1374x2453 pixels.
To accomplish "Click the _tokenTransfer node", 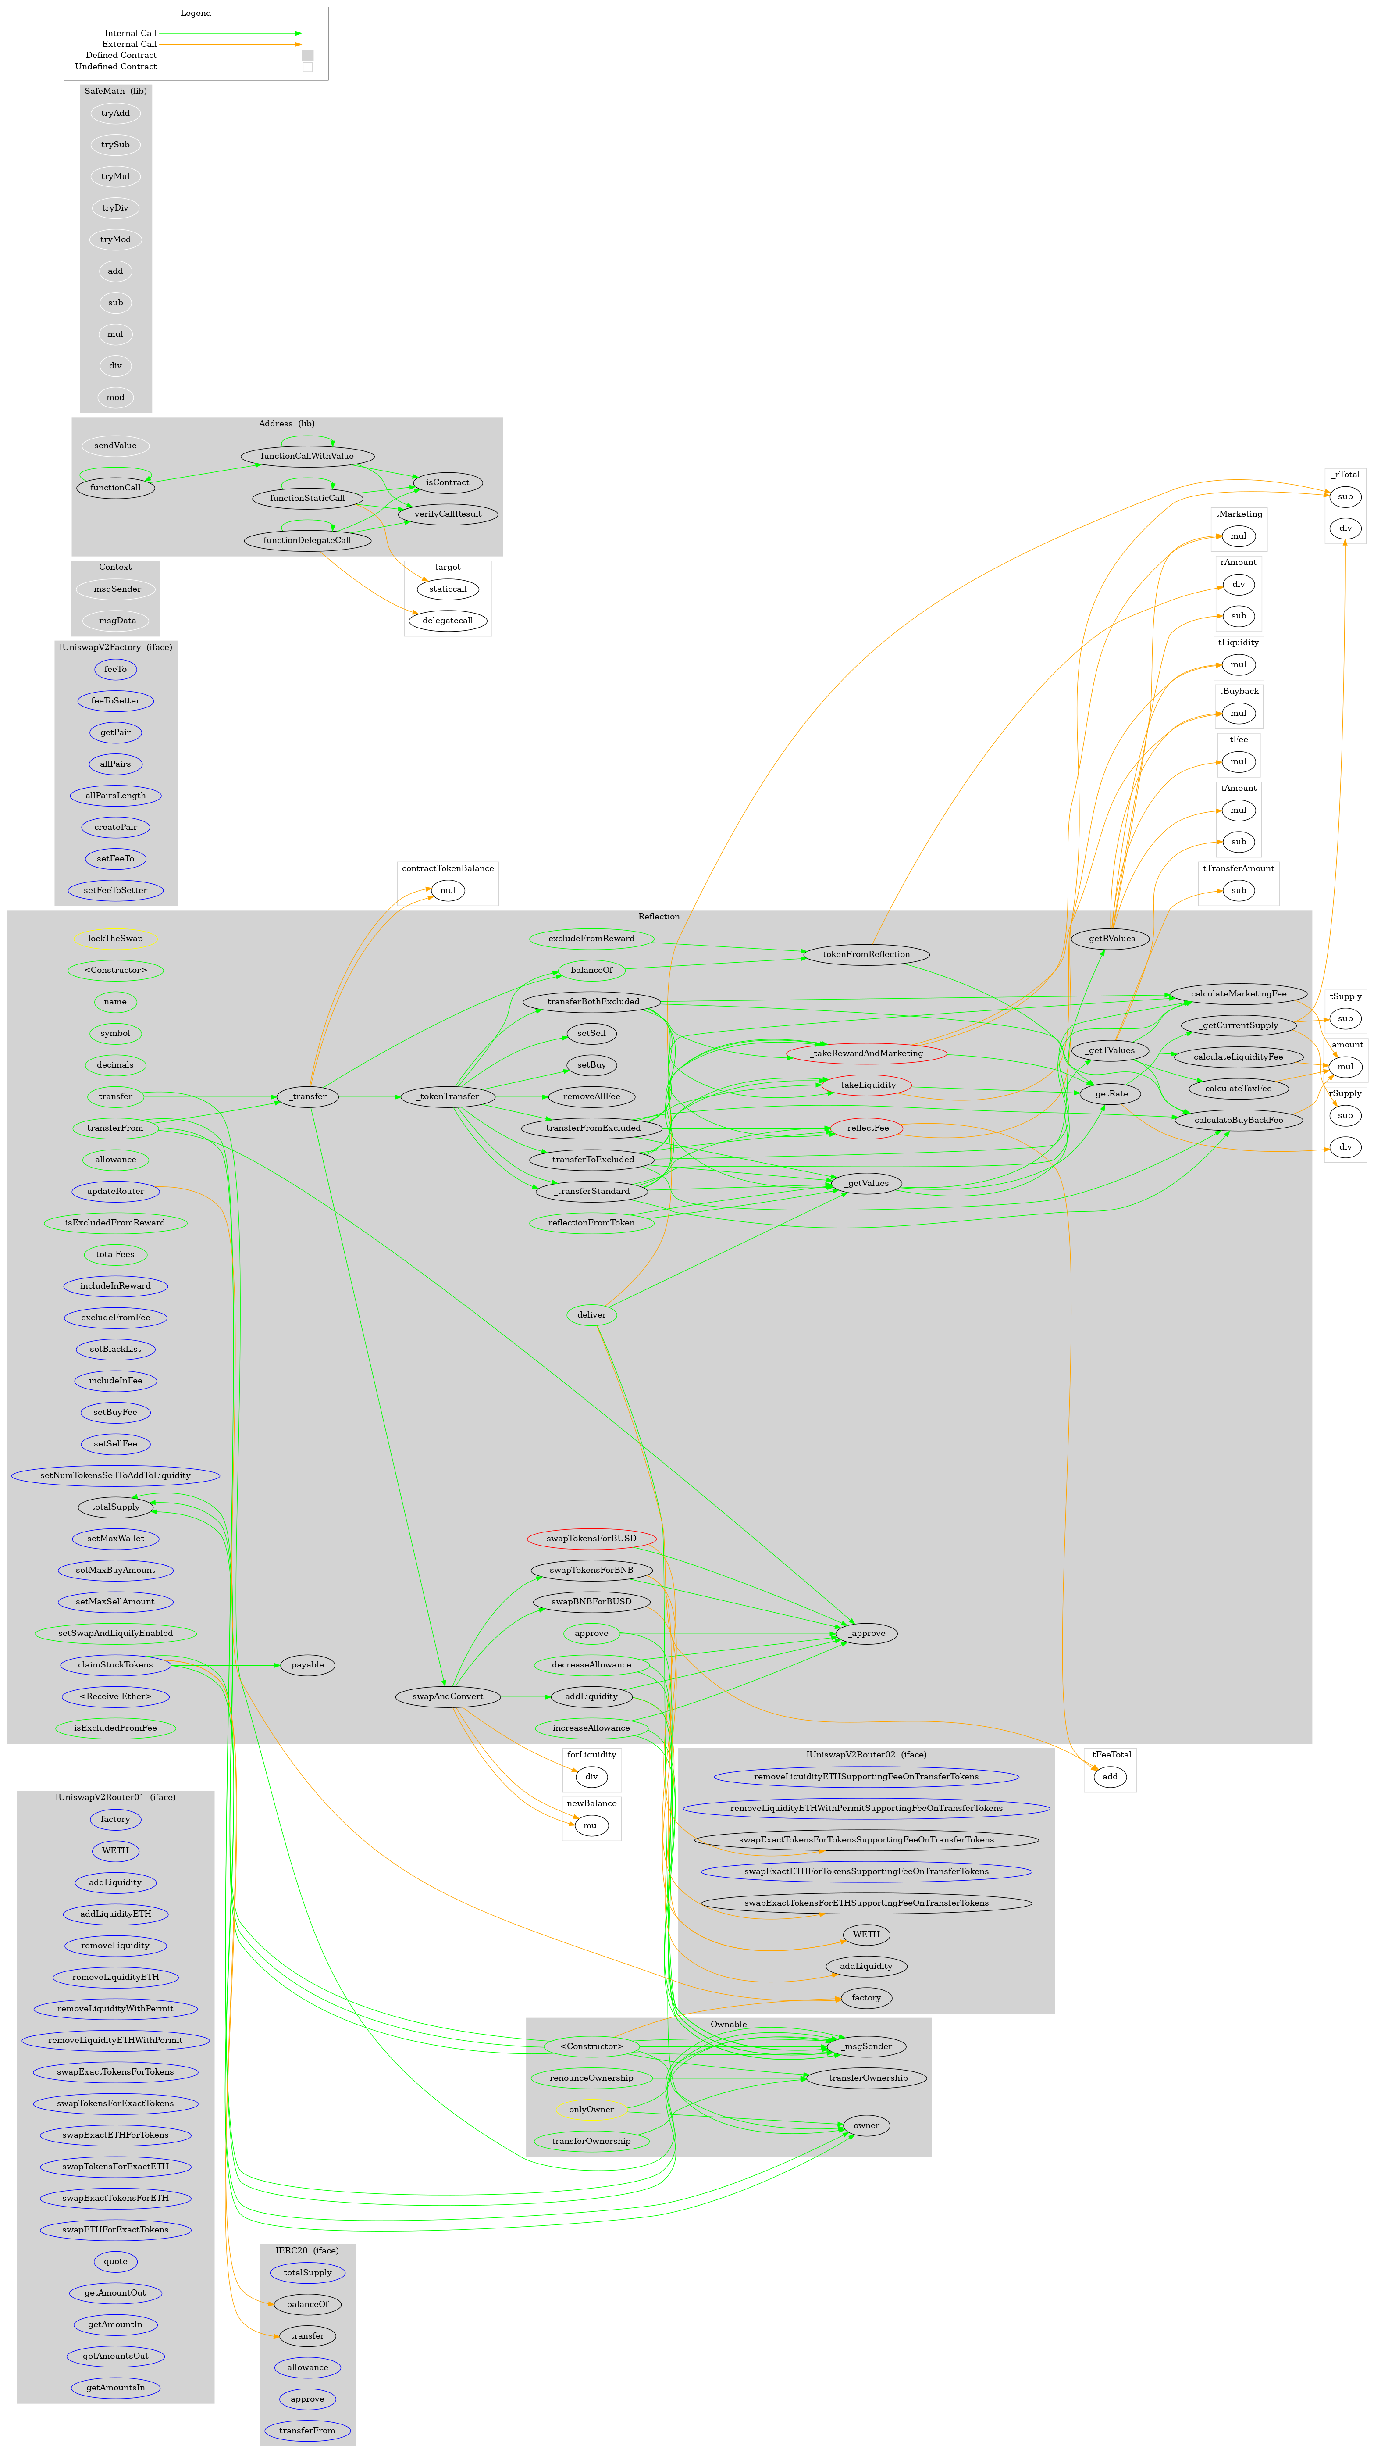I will [448, 1096].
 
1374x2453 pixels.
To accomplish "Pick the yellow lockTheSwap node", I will [115, 938].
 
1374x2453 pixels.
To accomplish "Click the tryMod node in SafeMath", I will [115, 239].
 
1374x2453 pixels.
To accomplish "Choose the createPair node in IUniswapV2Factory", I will [115, 827].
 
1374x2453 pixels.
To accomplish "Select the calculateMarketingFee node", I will [1238, 993].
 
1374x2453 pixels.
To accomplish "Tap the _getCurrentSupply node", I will [1238, 1025].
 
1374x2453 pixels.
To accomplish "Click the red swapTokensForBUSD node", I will [591, 1538].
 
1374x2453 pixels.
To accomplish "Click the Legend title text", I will [195, 13].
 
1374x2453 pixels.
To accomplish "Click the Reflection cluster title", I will [659, 916].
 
